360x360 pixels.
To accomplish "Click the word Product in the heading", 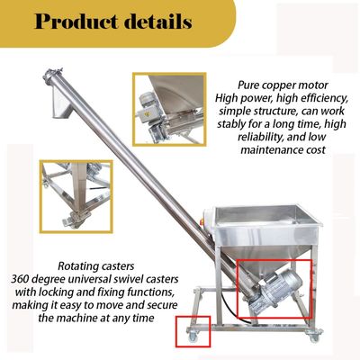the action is pos(76,22).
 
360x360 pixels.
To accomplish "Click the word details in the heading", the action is pos(158,22).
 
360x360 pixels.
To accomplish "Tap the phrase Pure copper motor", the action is pos(283,85).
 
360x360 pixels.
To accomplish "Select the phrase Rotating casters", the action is pos(96,266).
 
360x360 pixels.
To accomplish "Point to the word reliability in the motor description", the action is pos(260,137).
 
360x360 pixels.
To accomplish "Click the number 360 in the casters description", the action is pos(20,279).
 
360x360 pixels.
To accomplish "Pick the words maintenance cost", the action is pos(283,149).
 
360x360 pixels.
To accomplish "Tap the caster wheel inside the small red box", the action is pos(193,335).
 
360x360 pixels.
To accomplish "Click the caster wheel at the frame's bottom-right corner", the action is pos(314,336).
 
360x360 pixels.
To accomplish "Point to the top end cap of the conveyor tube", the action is pos(51,76).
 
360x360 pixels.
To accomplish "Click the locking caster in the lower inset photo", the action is pos(74,219).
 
